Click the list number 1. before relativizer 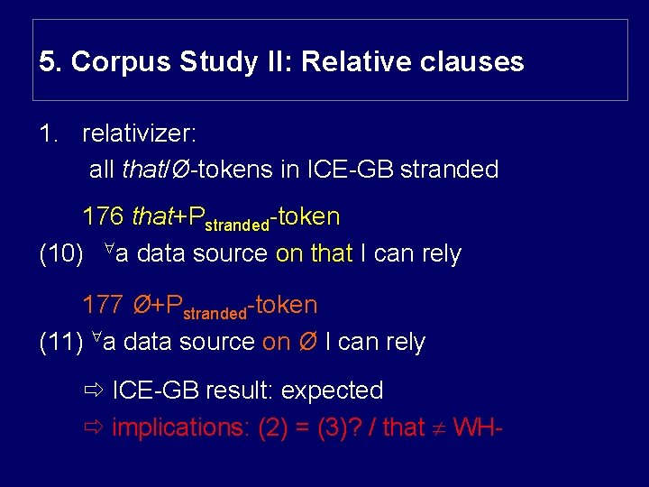(50, 133)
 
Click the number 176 (103, 216)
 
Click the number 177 (103, 305)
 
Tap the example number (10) (62, 254)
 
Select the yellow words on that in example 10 (314, 254)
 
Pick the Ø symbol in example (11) (306, 343)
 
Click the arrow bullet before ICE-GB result (93, 391)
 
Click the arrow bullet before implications (93, 427)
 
